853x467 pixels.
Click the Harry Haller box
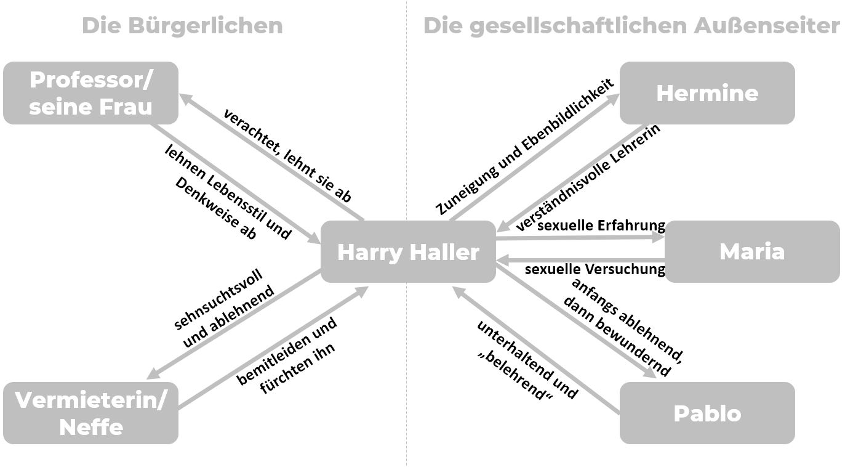coord(408,252)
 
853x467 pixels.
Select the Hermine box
coord(707,93)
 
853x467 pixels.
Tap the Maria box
coord(751,251)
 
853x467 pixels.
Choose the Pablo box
coord(707,413)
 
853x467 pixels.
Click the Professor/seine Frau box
coord(90,93)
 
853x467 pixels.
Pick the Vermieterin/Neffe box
coord(90,413)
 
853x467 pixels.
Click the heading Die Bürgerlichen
coord(182,26)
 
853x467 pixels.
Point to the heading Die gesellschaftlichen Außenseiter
coord(631,26)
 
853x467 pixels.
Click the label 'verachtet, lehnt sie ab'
coord(287,156)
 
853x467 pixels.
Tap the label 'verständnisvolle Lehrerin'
coord(588,178)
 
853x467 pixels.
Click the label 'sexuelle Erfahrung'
coord(601,225)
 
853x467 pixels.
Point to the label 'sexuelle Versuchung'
coord(595,269)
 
